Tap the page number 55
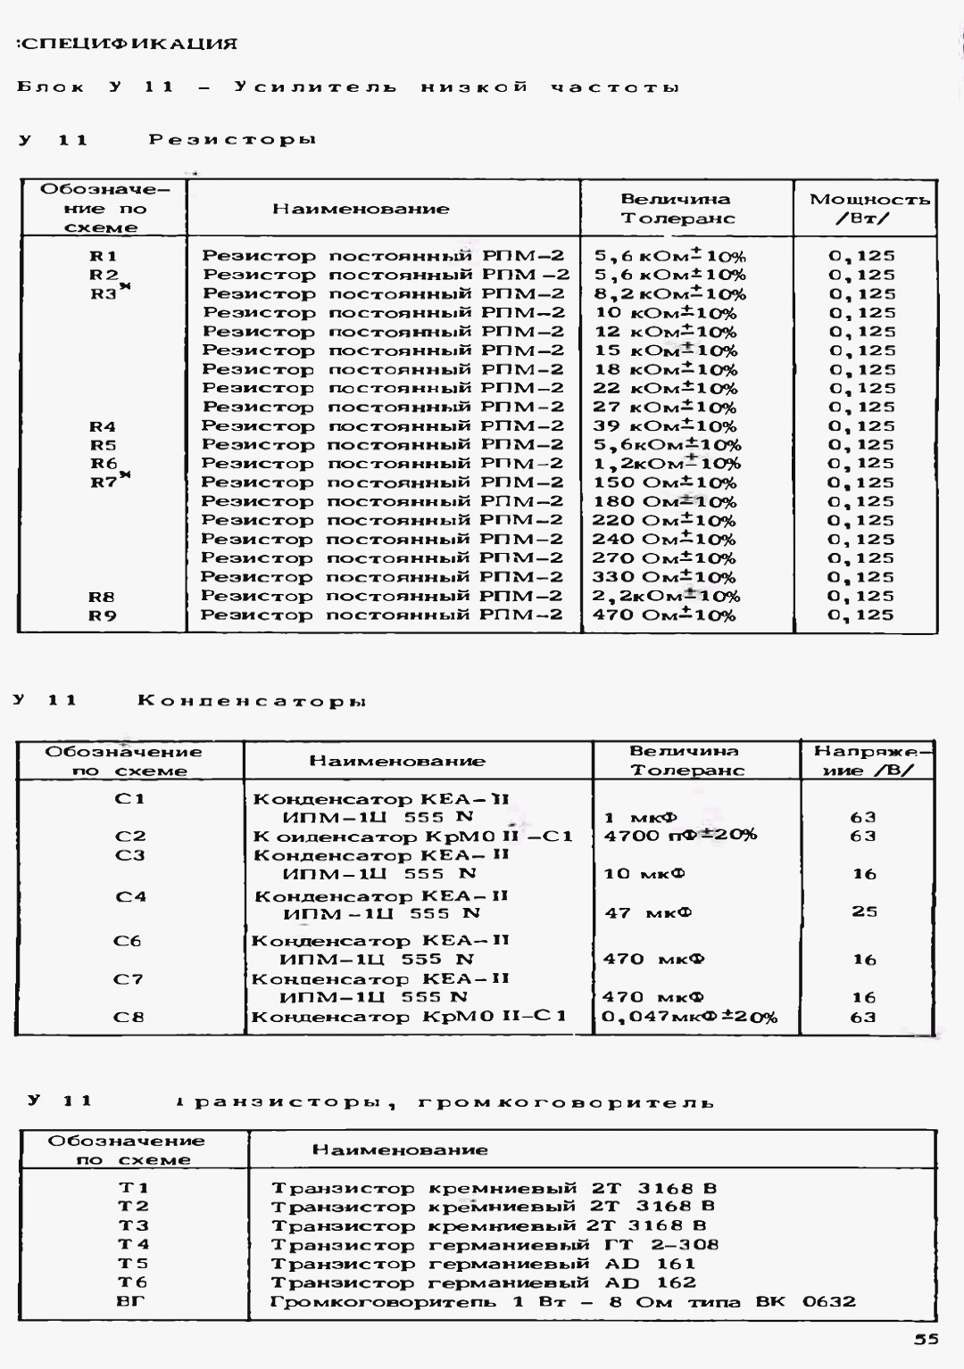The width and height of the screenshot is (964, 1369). [x=926, y=1339]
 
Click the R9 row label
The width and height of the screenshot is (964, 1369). [x=103, y=615]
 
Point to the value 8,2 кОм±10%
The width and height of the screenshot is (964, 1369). [x=669, y=293]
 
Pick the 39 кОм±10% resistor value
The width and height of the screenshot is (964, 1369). [x=665, y=426]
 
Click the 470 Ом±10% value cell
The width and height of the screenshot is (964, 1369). [x=664, y=615]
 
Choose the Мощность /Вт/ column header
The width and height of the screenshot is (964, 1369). [x=868, y=209]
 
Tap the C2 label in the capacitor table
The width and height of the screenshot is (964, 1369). [x=129, y=837]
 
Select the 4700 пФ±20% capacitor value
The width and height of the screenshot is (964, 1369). [x=680, y=836]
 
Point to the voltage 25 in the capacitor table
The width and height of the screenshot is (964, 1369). [x=864, y=911]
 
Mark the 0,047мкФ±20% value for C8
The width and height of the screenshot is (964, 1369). [x=689, y=1018]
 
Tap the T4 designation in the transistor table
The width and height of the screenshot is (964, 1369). [x=134, y=1244]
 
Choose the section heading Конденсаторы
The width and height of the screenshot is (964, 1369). [x=252, y=701]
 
